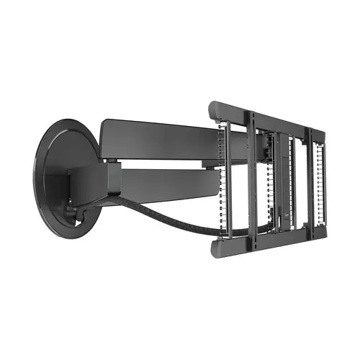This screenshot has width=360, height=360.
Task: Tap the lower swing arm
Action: click(x=166, y=184)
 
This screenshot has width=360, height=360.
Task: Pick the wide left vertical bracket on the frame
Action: click(x=252, y=180)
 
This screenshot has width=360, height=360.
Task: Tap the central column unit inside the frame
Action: click(x=281, y=180)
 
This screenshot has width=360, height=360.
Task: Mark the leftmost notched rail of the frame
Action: click(x=225, y=180)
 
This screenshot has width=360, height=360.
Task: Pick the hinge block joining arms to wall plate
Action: click(x=90, y=184)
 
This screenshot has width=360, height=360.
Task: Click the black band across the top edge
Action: click(x=180, y=16)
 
